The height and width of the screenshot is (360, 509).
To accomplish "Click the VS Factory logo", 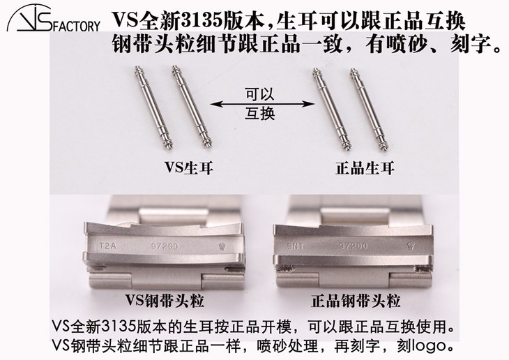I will (x=53, y=21).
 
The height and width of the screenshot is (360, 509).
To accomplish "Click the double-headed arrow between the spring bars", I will (x=254, y=104).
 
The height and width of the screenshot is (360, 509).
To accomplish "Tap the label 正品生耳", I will (x=347, y=167).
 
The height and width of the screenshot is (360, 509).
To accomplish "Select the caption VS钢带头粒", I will (x=165, y=301).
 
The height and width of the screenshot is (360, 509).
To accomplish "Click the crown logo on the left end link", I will (x=222, y=246).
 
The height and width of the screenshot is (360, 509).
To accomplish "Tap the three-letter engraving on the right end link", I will (x=295, y=245).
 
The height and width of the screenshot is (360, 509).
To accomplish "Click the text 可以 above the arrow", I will (x=254, y=92).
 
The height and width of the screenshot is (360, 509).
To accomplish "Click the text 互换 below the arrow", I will (x=254, y=115).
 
